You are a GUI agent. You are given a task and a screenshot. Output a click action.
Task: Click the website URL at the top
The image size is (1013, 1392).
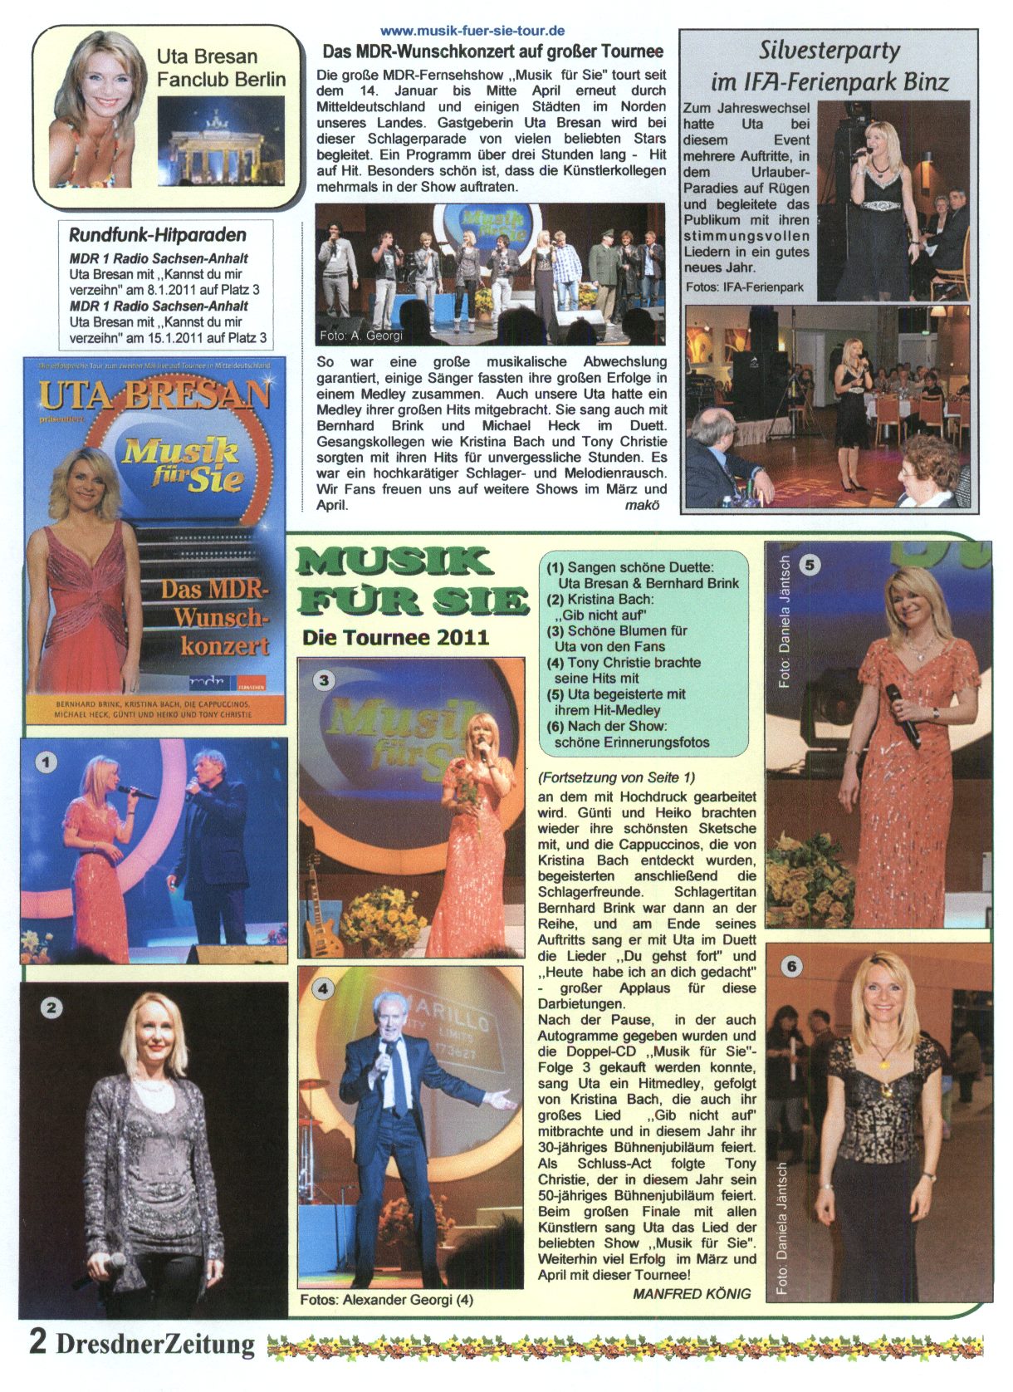click(x=472, y=32)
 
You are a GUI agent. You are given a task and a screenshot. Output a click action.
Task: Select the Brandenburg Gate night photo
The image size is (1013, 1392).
click(x=220, y=140)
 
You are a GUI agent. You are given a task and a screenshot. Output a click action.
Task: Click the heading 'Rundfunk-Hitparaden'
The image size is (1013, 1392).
click(x=158, y=235)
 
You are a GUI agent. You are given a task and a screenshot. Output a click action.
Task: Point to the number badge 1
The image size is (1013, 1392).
click(x=46, y=761)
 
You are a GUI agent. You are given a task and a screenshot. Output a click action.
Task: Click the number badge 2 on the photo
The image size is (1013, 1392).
click(x=51, y=1007)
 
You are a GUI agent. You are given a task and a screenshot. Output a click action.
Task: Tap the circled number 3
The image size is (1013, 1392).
click(x=324, y=680)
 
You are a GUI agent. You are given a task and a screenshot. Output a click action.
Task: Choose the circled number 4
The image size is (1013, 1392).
click(x=322, y=988)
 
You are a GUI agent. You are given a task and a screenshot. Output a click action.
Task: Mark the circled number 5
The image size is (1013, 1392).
click(x=809, y=565)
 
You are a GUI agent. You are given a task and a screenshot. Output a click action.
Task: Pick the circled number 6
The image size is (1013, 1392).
click(x=791, y=966)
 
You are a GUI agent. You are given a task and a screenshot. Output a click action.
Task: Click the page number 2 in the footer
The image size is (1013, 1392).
click(x=37, y=1341)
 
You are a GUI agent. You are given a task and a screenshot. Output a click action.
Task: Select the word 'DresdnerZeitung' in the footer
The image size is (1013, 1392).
click(x=155, y=1343)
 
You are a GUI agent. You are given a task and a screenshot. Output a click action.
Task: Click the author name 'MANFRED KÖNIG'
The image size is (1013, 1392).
click(x=692, y=1293)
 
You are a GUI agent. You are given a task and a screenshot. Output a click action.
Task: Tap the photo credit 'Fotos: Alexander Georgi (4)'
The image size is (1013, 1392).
click(x=387, y=1299)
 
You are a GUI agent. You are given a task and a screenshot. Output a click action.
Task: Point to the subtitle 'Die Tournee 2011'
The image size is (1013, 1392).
click(x=395, y=638)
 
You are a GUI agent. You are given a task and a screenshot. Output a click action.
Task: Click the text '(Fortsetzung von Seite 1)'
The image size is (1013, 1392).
click(x=616, y=777)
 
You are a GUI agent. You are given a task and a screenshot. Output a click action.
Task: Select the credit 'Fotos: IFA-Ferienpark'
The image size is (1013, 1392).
click(x=745, y=287)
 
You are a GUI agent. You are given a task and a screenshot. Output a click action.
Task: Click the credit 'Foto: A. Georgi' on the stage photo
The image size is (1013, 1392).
click(x=361, y=336)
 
